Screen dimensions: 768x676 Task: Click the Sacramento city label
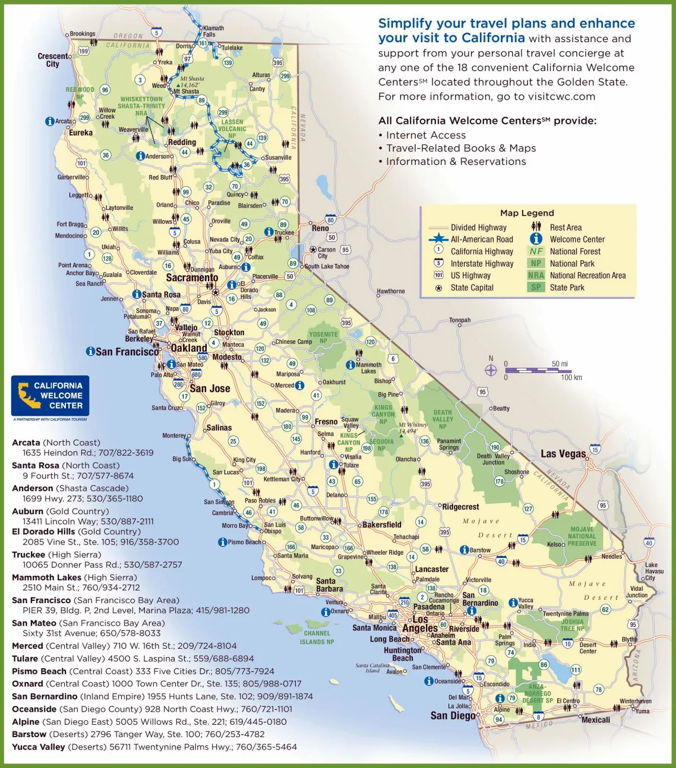[x=192, y=277]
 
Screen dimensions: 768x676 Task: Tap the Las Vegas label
[x=563, y=453]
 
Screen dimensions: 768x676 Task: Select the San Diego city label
[x=453, y=715]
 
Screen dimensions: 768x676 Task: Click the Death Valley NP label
[x=443, y=419]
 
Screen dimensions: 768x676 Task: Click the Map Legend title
[x=527, y=213]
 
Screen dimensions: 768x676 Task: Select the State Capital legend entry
[x=472, y=288]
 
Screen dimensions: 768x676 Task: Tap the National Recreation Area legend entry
[x=587, y=275]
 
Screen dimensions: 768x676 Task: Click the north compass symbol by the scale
[x=491, y=370]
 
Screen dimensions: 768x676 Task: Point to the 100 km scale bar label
[x=571, y=378]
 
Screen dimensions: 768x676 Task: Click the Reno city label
[x=320, y=228]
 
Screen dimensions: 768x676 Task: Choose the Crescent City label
[x=53, y=60]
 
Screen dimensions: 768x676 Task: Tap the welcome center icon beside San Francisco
[x=90, y=351]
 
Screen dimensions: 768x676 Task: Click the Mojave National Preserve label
[x=582, y=536]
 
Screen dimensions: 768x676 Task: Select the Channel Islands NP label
[x=317, y=637]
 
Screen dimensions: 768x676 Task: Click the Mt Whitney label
[x=413, y=428]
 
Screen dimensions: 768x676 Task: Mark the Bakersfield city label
[x=381, y=524]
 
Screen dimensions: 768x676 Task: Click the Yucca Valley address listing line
[x=154, y=747]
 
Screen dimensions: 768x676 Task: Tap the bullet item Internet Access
[x=425, y=135]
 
